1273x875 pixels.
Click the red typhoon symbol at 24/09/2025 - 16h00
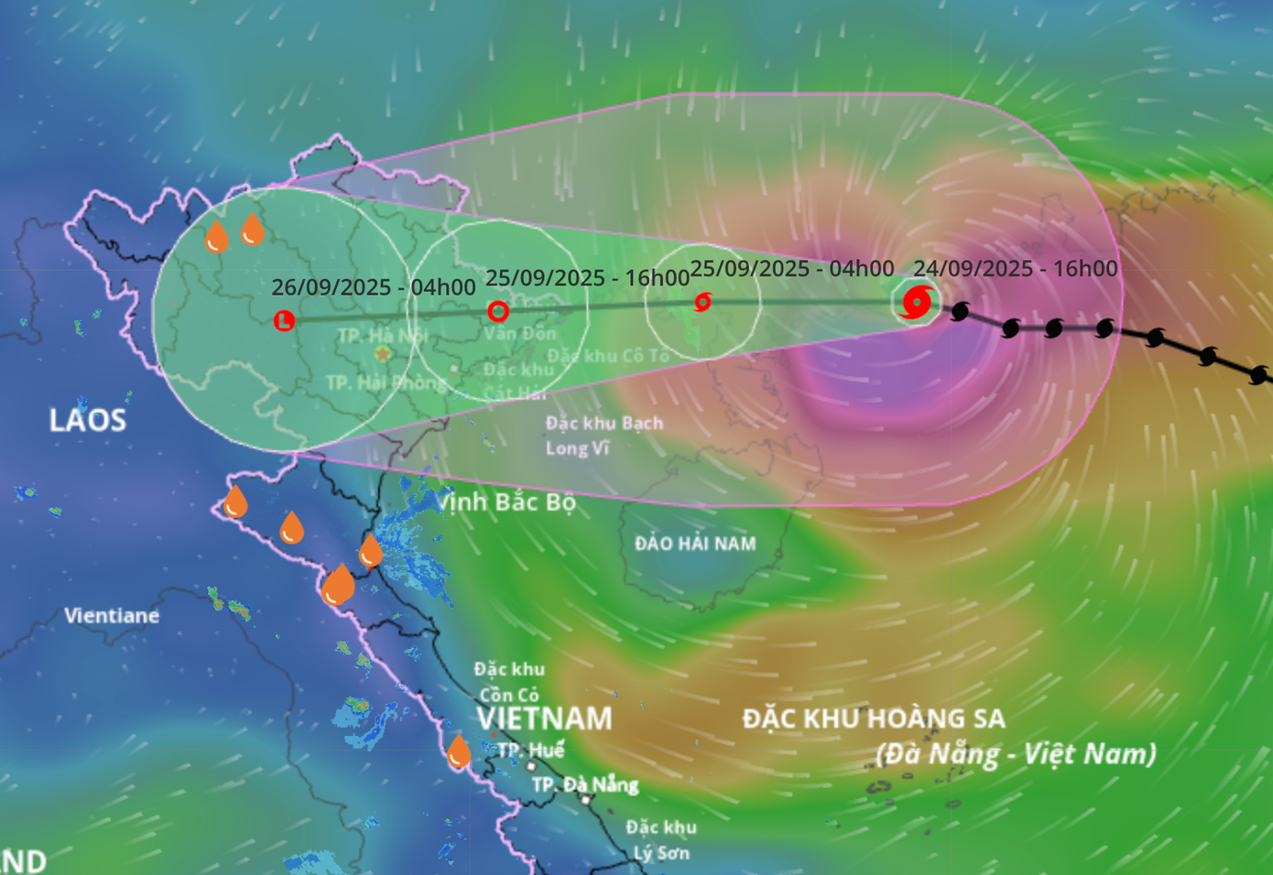(917, 302)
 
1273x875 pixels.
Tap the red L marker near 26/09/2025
(284, 320)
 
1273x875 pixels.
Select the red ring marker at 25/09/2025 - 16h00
(498, 311)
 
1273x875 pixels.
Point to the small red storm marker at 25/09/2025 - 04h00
(702, 301)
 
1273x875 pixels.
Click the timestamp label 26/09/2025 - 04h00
(374, 287)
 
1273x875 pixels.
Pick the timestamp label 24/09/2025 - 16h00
(1016, 268)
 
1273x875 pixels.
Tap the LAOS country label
(87, 420)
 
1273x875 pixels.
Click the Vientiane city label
(112, 616)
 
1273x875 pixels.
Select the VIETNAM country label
(544, 718)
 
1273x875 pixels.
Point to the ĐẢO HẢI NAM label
(695, 544)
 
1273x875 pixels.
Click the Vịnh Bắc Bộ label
(506, 502)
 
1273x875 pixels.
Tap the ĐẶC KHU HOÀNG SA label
(874, 718)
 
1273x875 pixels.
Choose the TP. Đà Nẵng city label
(585, 785)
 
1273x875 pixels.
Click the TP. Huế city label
(530, 751)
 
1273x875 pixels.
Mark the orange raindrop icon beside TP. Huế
(458, 752)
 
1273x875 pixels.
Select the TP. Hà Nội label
(382, 335)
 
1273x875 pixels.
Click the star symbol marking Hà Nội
(382, 353)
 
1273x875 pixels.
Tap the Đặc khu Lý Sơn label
(660, 840)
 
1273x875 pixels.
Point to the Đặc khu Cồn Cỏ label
(509, 682)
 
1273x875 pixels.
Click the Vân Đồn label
(520, 333)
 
